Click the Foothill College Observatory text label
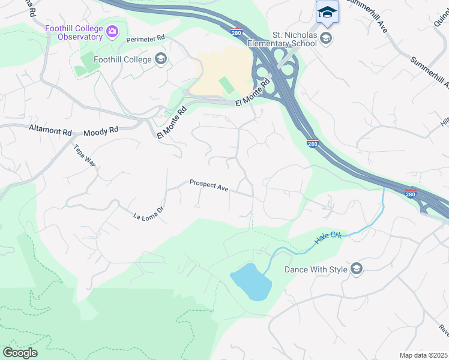coord(73,32)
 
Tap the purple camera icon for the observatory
coord(112,31)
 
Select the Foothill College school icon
coord(160,58)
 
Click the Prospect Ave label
coord(209,185)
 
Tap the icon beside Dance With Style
coord(357,269)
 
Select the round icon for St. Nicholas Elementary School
coord(326,40)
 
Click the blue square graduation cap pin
coord(327,12)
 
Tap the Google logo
coord(19,353)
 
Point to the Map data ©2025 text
coord(423,355)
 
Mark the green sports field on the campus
coord(226,85)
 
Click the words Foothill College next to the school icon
coord(124,59)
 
